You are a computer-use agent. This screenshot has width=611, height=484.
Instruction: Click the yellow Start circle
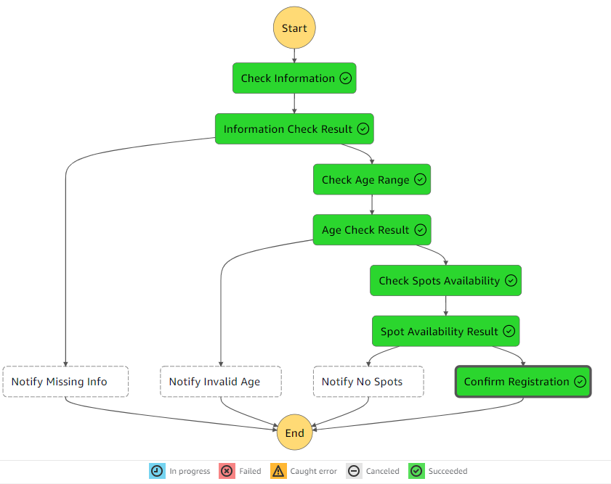coord(294,28)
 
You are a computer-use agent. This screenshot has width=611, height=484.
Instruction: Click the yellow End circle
coord(294,433)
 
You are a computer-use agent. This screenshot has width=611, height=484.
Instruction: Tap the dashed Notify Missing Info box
coord(65,382)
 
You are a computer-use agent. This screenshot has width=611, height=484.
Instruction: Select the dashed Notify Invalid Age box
coord(221,382)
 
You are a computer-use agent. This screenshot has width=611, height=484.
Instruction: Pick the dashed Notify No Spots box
coord(368,382)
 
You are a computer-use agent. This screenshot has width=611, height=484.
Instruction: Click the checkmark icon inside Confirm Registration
coord(580,382)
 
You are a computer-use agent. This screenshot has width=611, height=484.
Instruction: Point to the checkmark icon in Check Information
coord(346,78)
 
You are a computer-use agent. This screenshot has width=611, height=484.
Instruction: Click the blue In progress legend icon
coord(157,471)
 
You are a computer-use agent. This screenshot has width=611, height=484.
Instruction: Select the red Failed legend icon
coord(227,471)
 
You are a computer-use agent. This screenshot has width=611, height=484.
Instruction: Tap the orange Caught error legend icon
coord(278,471)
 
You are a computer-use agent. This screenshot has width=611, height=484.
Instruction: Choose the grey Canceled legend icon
coord(354,471)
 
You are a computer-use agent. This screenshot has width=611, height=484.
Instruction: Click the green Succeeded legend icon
coord(416,471)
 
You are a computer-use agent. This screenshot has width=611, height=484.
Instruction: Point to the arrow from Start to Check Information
coord(294,55)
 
